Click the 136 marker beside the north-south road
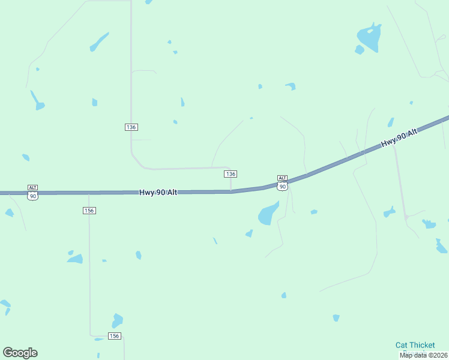click(x=131, y=127)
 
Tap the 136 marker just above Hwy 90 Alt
click(x=231, y=174)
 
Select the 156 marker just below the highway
click(x=89, y=211)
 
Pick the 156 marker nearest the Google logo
click(x=115, y=336)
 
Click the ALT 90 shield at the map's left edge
click(x=32, y=192)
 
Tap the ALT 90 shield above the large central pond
click(x=282, y=182)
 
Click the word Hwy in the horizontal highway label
click(x=146, y=193)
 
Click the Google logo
click(x=20, y=353)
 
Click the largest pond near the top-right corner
click(x=369, y=37)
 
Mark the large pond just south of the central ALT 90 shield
click(x=268, y=214)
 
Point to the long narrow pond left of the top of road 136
click(x=99, y=42)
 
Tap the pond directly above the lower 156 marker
click(x=117, y=320)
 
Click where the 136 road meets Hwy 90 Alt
click(x=231, y=191)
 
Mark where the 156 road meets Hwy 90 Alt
click(x=89, y=193)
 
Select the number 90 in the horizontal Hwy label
click(x=160, y=193)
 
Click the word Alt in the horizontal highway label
click(x=172, y=193)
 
